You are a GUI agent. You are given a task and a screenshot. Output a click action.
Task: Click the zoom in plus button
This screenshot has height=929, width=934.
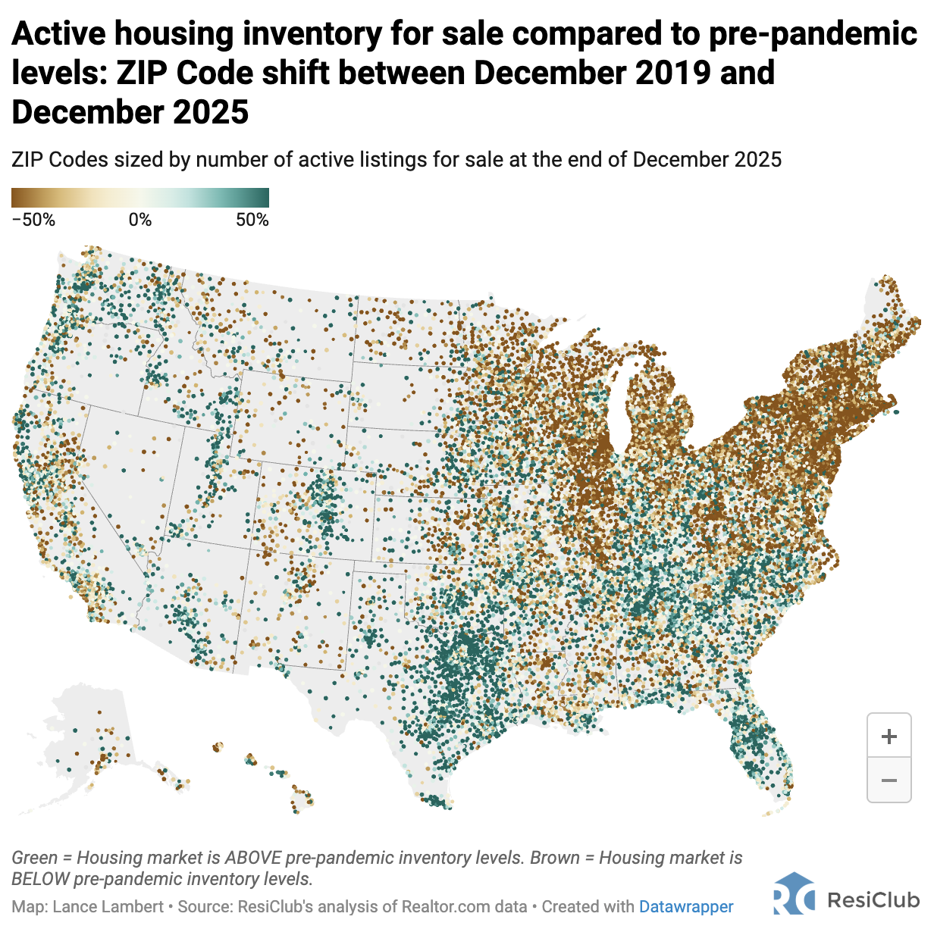(889, 736)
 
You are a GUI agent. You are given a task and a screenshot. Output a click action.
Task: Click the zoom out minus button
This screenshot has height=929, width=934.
(889, 780)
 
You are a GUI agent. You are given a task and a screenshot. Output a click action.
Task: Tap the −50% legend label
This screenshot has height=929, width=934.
(33, 221)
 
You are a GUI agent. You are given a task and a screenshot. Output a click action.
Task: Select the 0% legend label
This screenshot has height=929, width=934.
(140, 221)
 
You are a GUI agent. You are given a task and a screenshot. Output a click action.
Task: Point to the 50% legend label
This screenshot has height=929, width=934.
(252, 221)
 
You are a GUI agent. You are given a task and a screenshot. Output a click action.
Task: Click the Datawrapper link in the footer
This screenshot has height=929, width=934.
(686, 907)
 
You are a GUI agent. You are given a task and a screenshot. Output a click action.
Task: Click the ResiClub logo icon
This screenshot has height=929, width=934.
(794, 895)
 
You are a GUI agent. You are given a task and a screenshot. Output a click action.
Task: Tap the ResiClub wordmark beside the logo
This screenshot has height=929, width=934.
(873, 899)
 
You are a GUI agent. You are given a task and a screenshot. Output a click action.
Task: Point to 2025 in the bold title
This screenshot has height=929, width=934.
(210, 113)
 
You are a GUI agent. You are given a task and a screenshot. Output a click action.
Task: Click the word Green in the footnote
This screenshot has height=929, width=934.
(34, 858)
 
